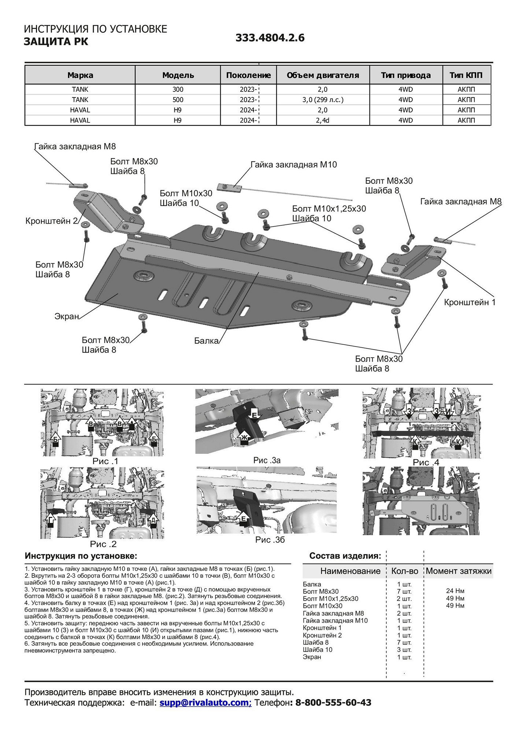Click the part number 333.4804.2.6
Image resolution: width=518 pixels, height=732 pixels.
[x=270, y=38]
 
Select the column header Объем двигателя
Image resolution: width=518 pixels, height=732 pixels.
[x=323, y=75]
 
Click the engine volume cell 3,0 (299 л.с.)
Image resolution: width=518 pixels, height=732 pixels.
[x=323, y=100]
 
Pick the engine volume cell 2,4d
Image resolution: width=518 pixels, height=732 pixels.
[x=323, y=120]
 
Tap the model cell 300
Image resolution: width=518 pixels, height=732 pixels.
[x=178, y=89]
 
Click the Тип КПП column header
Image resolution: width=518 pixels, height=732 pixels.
[x=466, y=75]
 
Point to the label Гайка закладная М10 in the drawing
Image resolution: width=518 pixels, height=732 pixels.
[x=293, y=165]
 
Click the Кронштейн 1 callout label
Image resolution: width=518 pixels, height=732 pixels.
[x=470, y=302]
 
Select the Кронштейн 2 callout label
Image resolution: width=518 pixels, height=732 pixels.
[x=52, y=221]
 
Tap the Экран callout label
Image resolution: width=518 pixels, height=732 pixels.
[x=67, y=316]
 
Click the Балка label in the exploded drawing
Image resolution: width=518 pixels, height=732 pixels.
[x=206, y=341]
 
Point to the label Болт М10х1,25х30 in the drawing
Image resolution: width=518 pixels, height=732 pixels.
[x=329, y=209]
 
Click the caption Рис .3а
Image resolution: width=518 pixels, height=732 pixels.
[x=267, y=460]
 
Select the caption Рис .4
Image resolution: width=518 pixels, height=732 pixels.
[x=426, y=463]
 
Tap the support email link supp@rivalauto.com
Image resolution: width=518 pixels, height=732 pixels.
[x=205, y=702]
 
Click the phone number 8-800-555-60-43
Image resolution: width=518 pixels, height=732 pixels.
[x=333, y=702]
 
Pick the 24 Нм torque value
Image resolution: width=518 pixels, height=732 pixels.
[x=455, y=591]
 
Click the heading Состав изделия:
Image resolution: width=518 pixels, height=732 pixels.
[x=345, y=556]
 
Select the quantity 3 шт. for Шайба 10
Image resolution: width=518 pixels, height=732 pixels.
[x=404, y=650]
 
